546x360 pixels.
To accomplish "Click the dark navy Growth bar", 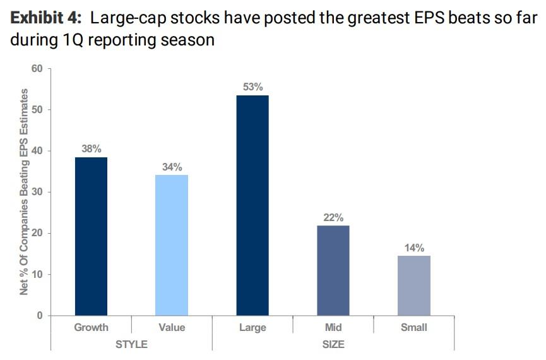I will point(91,236).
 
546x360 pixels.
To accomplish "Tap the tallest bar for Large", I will point(252,205).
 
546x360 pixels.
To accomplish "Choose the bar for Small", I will point(414,285).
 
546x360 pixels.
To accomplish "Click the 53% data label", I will point(252,87).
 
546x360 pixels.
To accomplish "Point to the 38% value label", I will point(91,149).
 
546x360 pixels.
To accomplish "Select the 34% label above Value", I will point(172,167).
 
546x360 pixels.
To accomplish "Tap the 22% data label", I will point(333,217).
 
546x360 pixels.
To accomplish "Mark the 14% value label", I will point(414,248).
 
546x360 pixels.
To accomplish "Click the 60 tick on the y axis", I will point(37,68).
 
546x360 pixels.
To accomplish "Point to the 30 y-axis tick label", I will point(37,192).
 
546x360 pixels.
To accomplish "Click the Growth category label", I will point(91,327).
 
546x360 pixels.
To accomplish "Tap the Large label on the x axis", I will point(252,327).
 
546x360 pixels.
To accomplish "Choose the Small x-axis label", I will point(414,327).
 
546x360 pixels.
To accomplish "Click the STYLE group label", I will point(131,344).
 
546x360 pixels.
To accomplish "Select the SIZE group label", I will point(333,344).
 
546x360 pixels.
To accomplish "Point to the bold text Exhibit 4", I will point(44,17).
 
